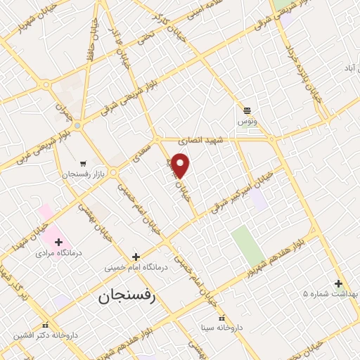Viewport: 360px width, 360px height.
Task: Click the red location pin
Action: (x=181, y=165)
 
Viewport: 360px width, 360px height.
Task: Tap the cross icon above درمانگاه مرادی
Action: (x=59, y=241)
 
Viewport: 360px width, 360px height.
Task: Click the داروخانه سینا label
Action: (x=222, y=327)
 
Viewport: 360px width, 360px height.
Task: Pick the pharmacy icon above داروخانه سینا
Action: (x=222, y=318)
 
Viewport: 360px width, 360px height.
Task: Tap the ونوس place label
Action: (x=247, y=121)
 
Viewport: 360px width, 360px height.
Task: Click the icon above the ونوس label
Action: (x=247, y=110)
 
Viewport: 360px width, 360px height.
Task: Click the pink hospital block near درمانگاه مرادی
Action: (x=46, y=211)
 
